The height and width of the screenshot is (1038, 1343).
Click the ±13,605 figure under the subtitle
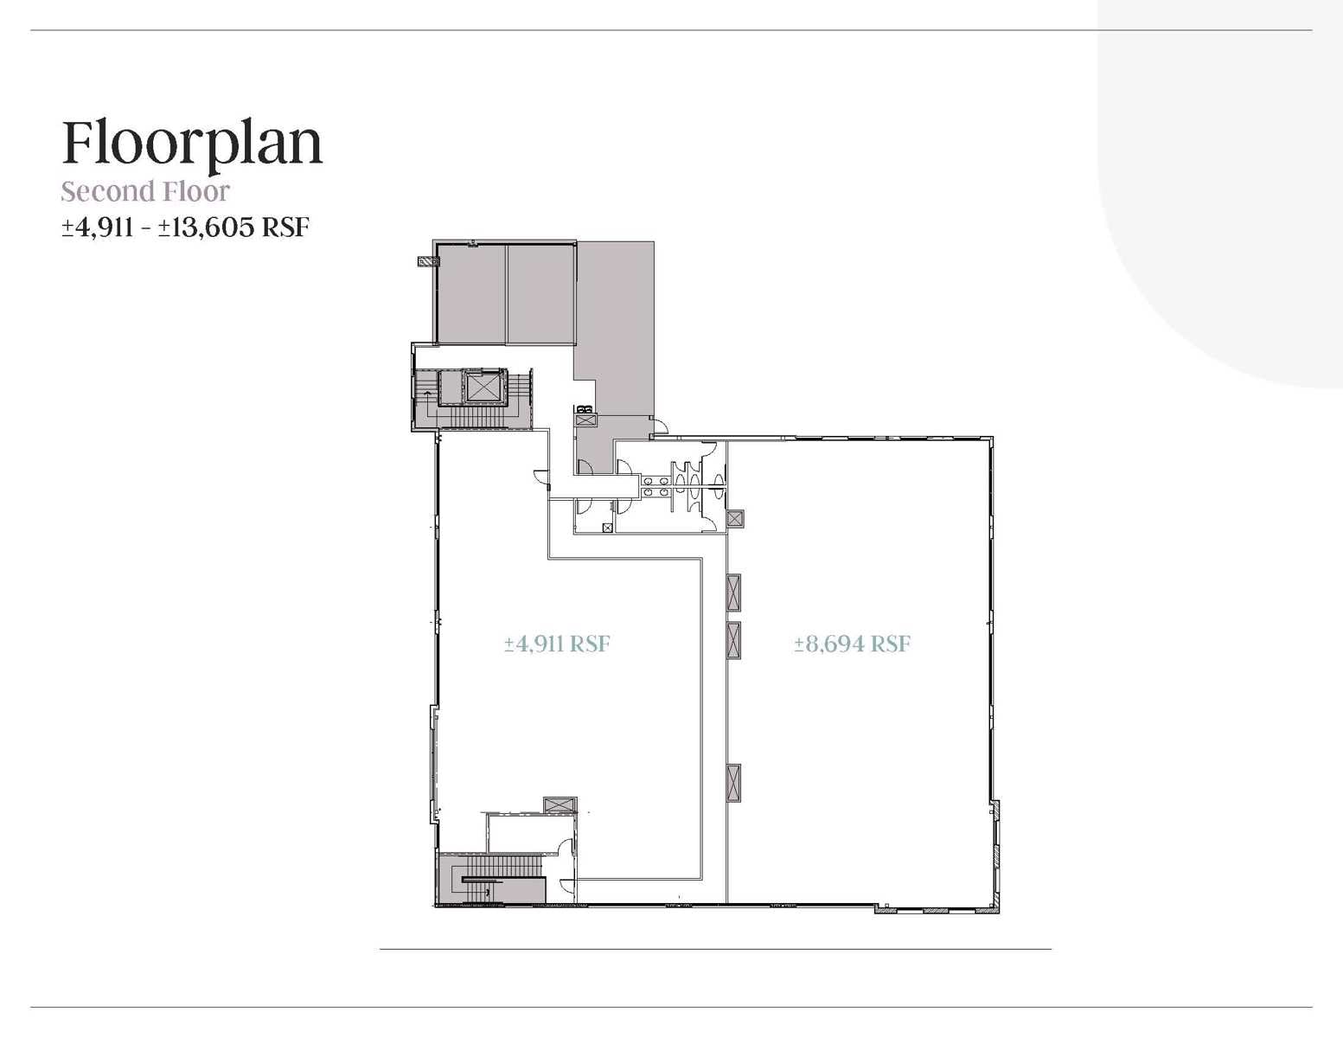206,227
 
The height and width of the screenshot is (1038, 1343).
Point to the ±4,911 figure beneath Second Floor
97,227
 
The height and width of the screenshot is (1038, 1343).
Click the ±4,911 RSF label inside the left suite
558,644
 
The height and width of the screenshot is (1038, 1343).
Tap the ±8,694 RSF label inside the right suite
853,644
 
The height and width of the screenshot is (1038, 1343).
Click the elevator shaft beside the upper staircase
482,388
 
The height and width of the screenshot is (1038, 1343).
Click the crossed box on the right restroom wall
735,519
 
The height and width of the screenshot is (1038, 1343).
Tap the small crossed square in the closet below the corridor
607,528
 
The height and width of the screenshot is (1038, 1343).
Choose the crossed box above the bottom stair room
560,805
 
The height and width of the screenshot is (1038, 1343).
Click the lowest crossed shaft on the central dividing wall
733,784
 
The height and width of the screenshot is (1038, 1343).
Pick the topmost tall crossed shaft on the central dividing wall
733,593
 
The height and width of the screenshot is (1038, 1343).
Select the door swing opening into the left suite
540,477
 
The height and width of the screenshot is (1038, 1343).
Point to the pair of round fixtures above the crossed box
584,408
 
